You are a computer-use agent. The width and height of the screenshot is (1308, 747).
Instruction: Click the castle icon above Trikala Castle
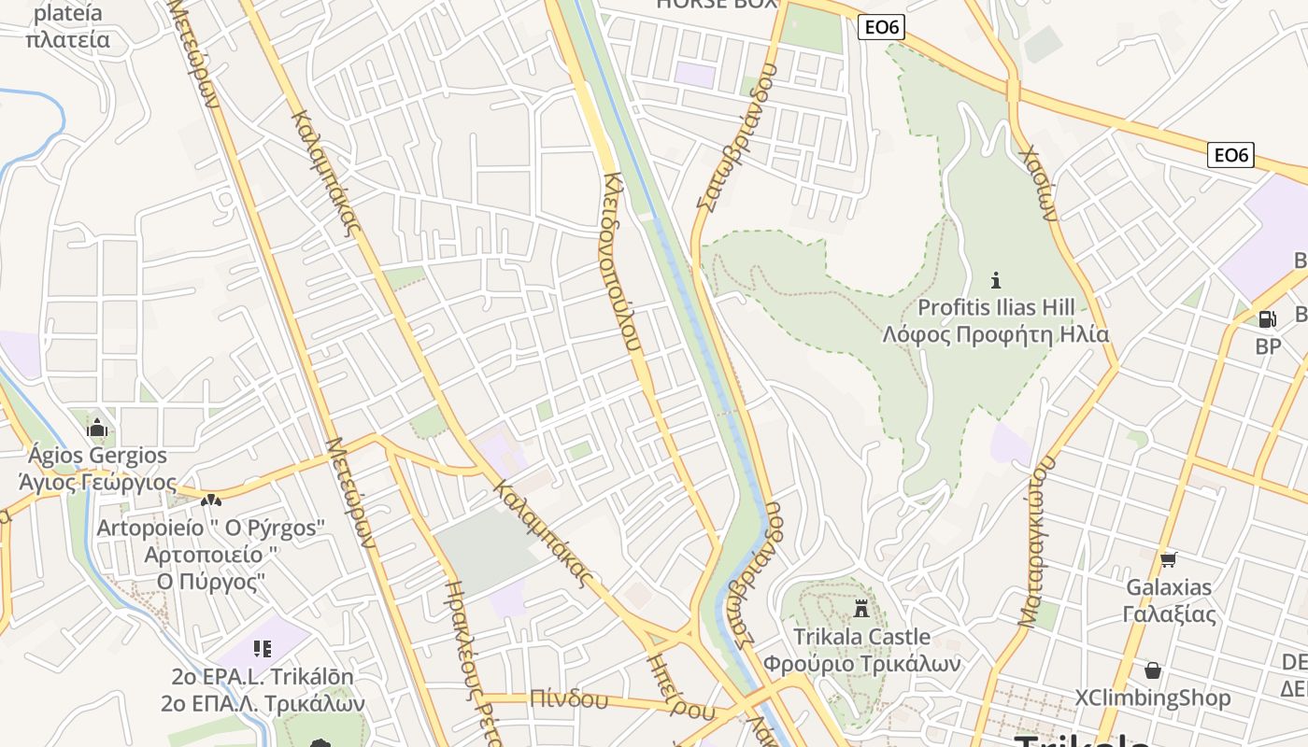[861, 609]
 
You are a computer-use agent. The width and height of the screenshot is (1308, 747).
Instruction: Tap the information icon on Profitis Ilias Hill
[996, 279]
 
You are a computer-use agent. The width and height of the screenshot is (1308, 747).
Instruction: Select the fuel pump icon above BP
[1267, 318]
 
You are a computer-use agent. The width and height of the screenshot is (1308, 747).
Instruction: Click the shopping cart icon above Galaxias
[1168, 560]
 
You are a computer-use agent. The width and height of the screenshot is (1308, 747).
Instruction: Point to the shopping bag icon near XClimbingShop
[1153, 670]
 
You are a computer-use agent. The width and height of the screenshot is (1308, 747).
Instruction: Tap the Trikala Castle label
[861, 637]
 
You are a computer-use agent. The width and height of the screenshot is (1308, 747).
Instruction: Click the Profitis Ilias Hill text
[996, 307]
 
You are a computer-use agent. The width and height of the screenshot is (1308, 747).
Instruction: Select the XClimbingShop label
[1152, 698]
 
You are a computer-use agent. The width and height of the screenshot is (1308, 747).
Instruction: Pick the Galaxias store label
[1169, 587]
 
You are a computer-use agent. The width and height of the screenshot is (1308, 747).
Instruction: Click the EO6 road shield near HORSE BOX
[881, 27]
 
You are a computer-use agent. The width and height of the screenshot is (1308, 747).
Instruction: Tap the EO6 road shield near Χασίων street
[1230, 155]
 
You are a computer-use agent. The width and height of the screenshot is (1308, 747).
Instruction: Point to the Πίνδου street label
[568, 698]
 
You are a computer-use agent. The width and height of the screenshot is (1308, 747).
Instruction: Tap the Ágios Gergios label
[97, 456]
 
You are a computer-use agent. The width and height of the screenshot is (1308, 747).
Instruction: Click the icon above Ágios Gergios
[97, 429]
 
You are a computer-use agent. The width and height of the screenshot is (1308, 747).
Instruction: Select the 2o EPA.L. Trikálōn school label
[263, 676]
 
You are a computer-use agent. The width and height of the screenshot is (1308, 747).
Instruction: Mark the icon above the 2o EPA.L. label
[262, 647]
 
